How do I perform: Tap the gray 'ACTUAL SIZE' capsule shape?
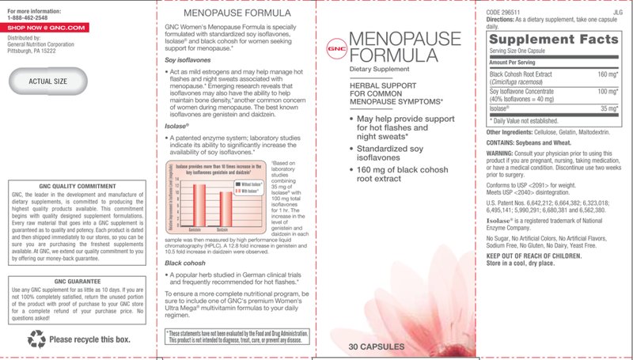pyautogui.click(x=48, y=81)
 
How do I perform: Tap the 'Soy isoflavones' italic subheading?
pyautogui.click(x=187, y=59)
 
